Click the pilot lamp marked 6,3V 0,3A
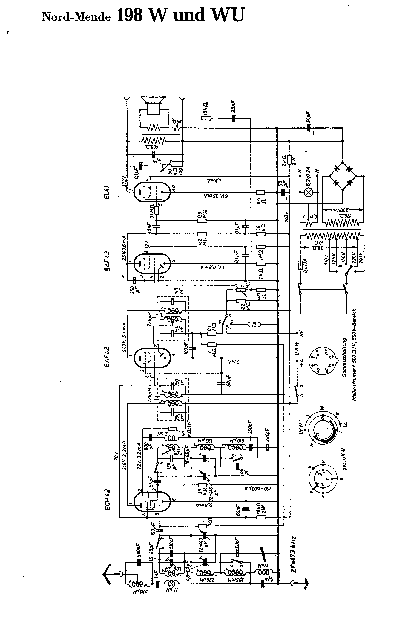click(x=308, y=192)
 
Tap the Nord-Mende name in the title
click(x=76, y=17)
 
